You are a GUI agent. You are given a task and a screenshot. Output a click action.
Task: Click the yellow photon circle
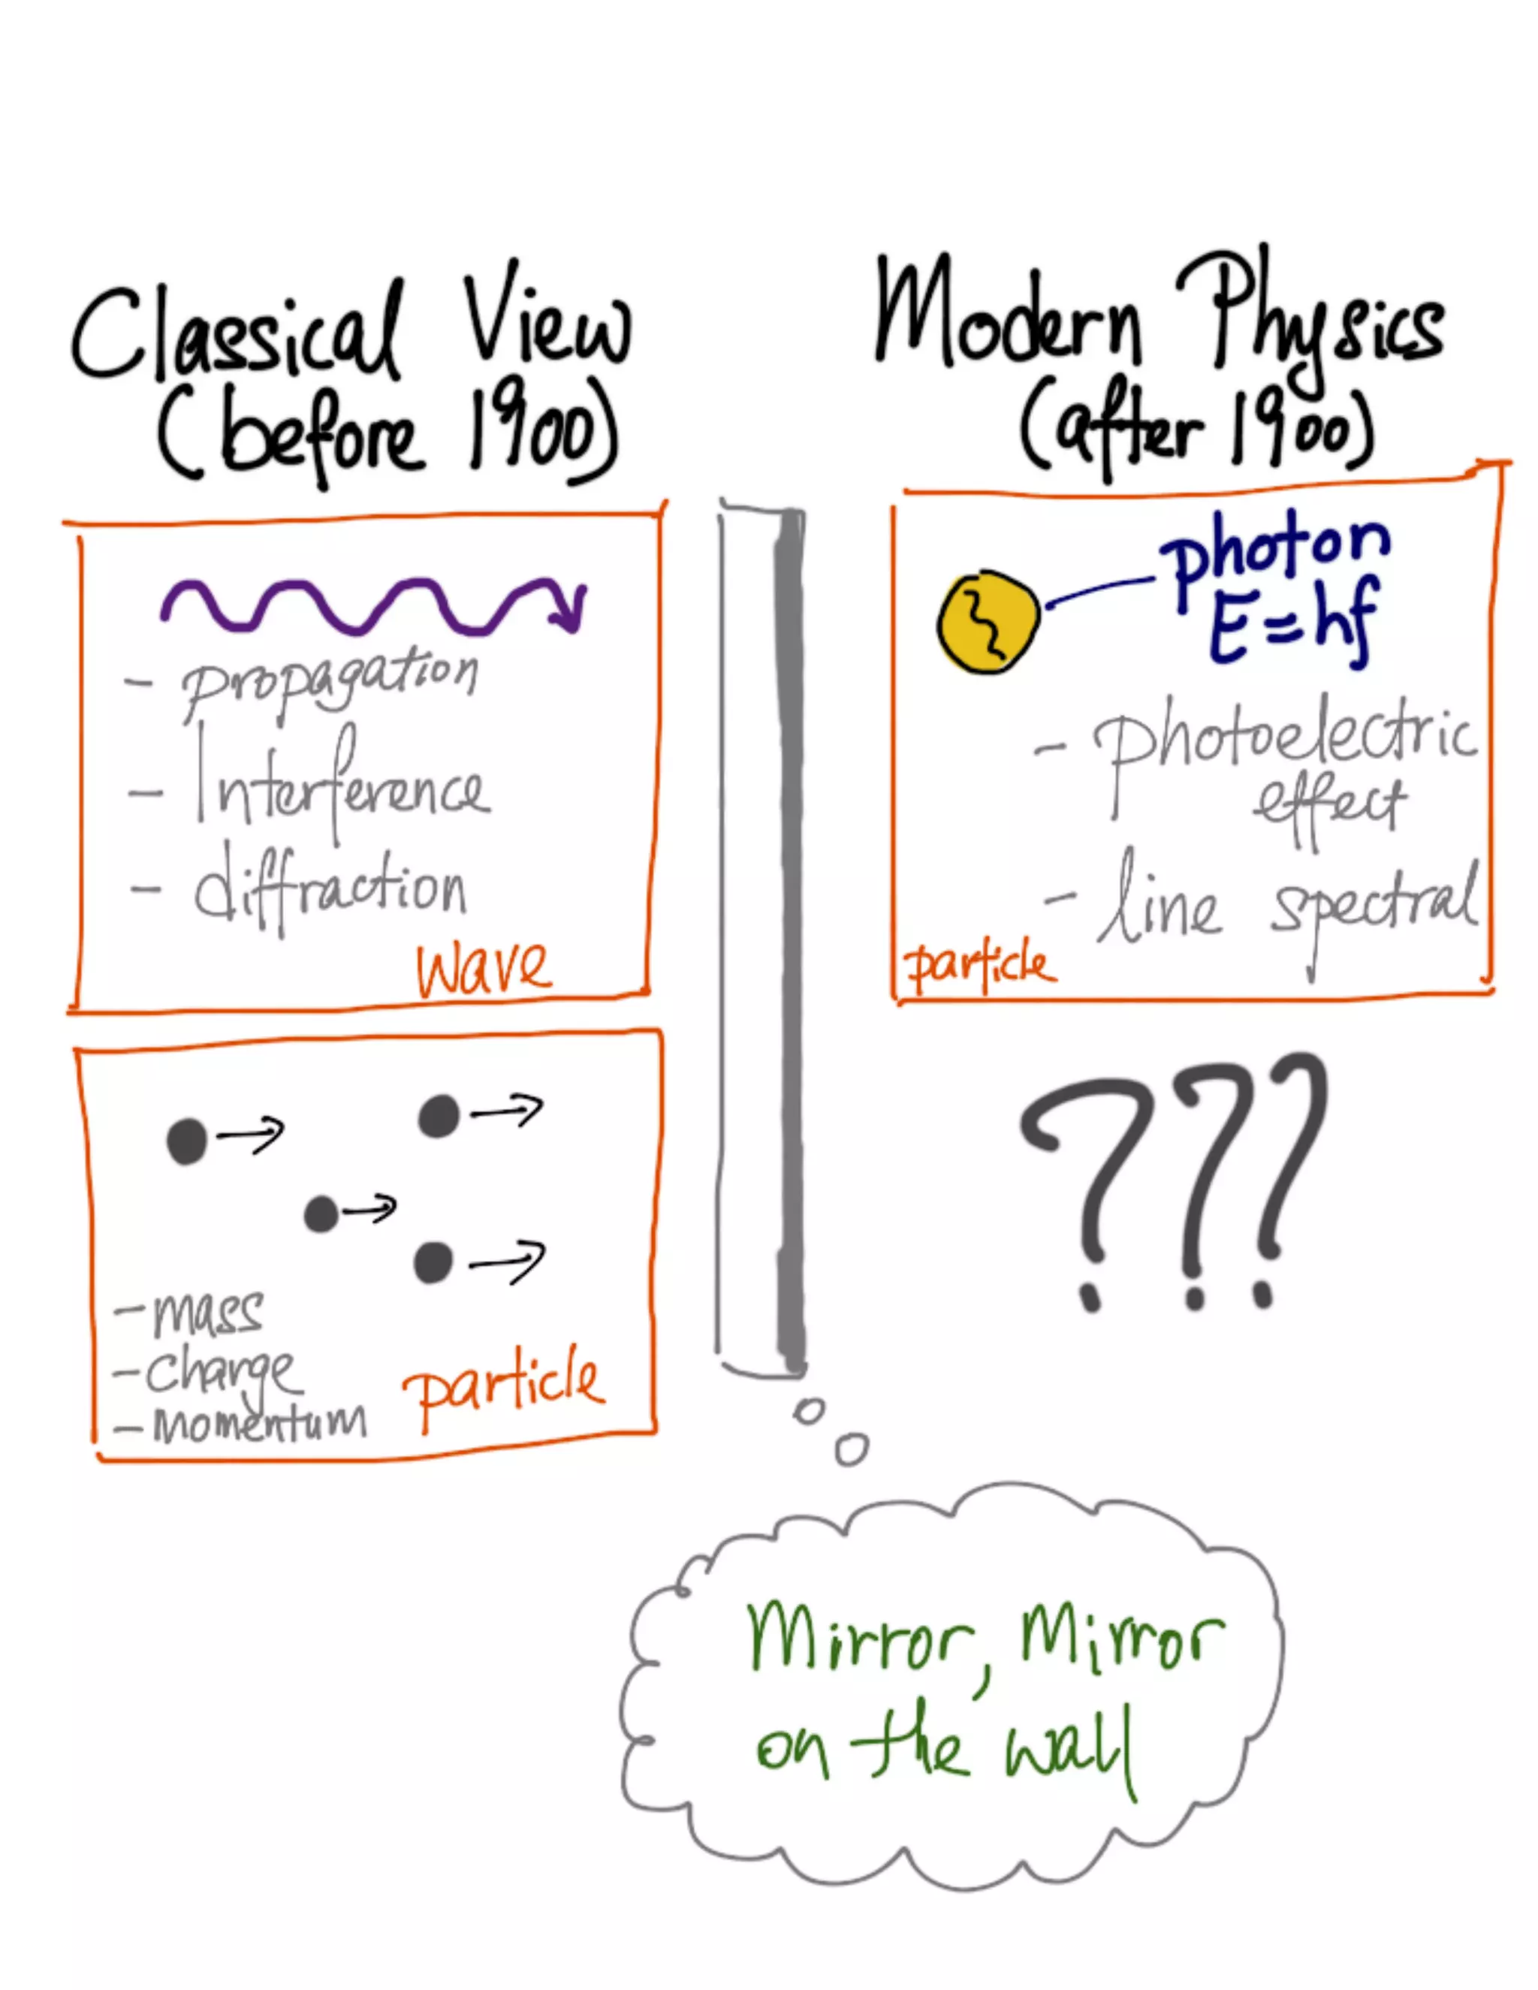(988, 623)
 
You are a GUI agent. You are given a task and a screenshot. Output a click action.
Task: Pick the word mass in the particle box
(209, 1313)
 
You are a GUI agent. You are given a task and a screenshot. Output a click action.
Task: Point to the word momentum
(260, 1422)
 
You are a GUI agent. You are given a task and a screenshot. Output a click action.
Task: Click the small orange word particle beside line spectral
(979, 965)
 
